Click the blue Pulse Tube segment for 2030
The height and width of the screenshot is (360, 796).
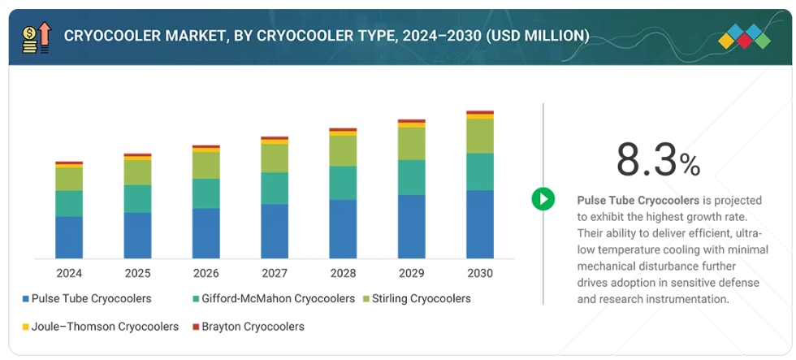[479, 223]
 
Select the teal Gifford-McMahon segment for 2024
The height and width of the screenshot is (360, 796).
[69, 203]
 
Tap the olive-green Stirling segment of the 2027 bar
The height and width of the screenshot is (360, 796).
[274, 158]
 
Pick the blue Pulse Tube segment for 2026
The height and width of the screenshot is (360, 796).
[205, 233]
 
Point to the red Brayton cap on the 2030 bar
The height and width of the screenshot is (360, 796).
[479, 112]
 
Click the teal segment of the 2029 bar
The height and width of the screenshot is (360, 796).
[411, 177]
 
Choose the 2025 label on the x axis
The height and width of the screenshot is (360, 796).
[137, 273]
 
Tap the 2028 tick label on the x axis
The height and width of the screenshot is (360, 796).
[343, 273]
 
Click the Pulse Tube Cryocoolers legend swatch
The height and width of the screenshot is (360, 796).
[25, 299]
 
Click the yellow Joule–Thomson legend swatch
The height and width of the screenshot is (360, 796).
[25, 327]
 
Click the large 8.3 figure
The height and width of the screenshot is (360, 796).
[646, 160]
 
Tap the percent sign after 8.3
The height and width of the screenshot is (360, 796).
[690, 166]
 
